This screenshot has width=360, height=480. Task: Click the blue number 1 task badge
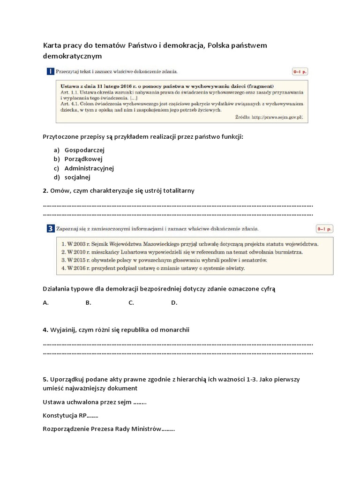pyautogui.click(x=50, y=71)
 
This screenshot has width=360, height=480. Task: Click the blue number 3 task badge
pyautogui.click(x=50, y=229)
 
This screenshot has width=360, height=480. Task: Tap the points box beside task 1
pyautogui.click(x=300, y=72)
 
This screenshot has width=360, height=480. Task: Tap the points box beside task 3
pyautogui.click(x=324, y=229)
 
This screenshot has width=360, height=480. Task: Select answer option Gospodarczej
pyautogui.click(x=84, y=150)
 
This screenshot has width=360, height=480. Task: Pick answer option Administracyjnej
pyautogui.click(x=89, y=168)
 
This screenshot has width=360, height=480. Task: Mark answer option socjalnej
pyautogui.click(x=77, y=177)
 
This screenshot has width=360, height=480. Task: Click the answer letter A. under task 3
pyautogui.click(x=46, y=303)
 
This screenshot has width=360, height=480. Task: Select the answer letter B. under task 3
pyautogui.click(x=88, y=303)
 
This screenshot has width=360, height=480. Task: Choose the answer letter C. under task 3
pyautogui.click(x=131, y=303)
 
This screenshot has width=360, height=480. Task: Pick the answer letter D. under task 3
pyautogui.click(x=174, y=303)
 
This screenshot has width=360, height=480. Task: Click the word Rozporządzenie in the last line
pyautogui.click(x=66, y=429)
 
